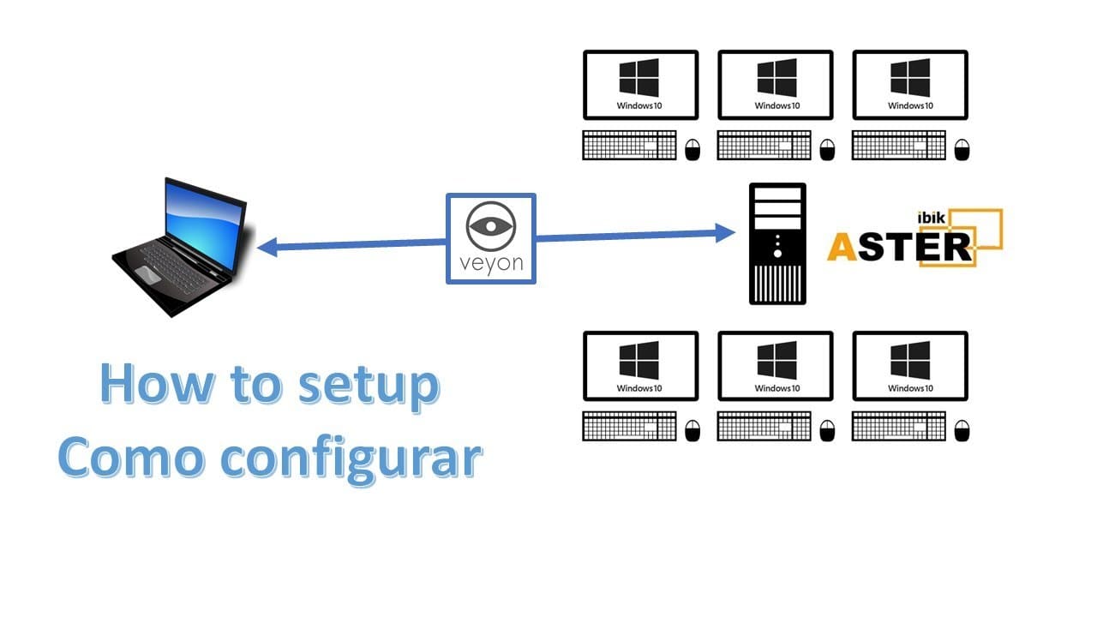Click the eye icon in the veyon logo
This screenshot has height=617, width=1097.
[490, 226]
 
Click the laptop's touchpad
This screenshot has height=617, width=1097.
[147, 274]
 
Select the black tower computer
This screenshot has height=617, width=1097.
[777, 243]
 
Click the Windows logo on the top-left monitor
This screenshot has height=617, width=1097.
[639, 78]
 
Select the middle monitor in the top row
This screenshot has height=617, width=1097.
[775, 85]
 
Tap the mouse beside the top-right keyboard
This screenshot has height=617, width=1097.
[962, 149]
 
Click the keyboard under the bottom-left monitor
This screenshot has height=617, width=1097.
[630, 426]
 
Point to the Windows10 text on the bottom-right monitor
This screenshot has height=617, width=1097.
[909, 388]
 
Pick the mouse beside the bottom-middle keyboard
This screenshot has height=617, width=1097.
[827, 429]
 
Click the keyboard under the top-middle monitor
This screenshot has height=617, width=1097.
[764, 145]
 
